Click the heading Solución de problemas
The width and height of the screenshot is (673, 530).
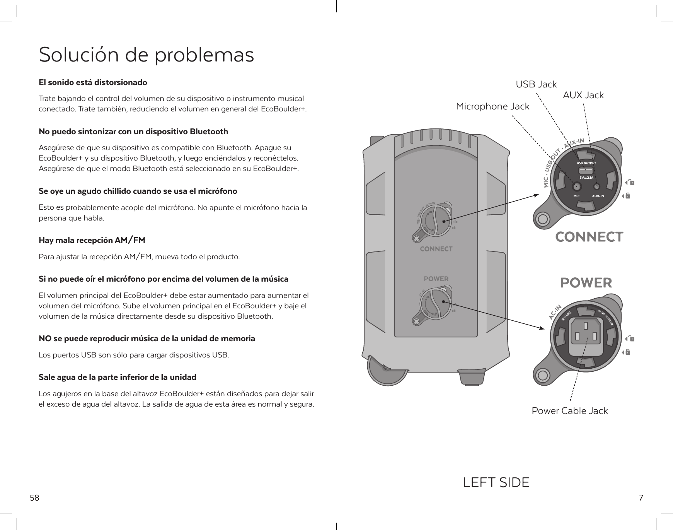coord(147,55)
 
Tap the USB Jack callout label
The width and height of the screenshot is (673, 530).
coord(536,84)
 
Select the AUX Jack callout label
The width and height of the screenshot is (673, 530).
coord(583,95)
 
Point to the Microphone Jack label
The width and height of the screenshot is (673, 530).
coord(492,106)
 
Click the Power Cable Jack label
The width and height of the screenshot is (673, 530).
coord(569,411)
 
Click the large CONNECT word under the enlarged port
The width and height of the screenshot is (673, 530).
coord(589,237)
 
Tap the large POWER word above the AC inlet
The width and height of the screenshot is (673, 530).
coord(586,283)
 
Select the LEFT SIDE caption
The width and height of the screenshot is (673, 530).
coord(496,483)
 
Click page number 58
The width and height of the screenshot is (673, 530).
coord(35,498)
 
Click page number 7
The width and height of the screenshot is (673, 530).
coord(641,498)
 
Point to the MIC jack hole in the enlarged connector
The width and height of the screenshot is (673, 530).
coord(576,186)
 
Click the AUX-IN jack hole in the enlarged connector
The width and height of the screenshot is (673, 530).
coord(597,186)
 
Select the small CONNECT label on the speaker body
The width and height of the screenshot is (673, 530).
coord(436,249)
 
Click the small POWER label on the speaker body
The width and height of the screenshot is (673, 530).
coord(436,279)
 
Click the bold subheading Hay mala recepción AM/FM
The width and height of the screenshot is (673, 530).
coord(92,241)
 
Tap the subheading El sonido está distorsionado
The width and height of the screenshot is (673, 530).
coord(93,83)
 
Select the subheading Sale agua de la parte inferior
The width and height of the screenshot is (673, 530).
coord(118,377)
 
